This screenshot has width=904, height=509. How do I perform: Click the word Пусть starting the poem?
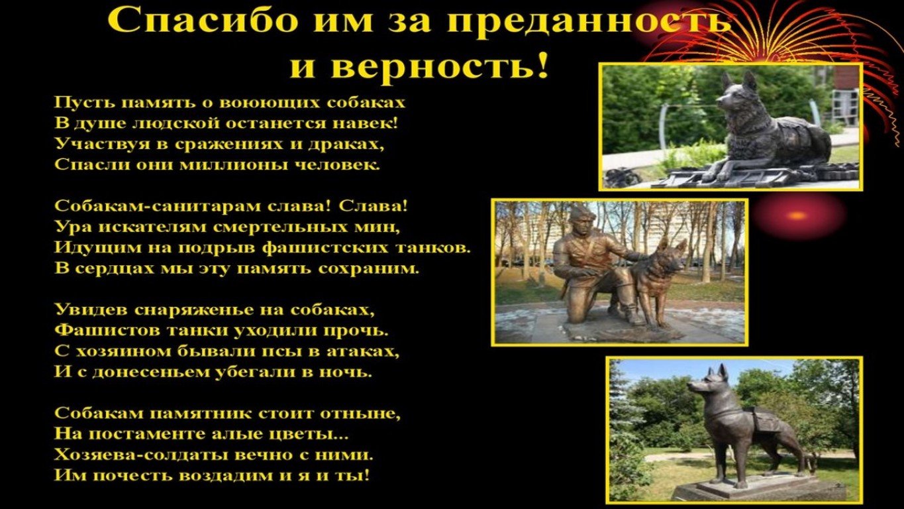(x=82, y=103)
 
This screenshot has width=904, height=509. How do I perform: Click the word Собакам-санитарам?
(x=159, y=206)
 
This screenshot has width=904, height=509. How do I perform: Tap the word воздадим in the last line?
(x=227, y=475)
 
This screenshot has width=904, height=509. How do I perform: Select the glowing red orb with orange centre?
(x=798, y=215)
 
